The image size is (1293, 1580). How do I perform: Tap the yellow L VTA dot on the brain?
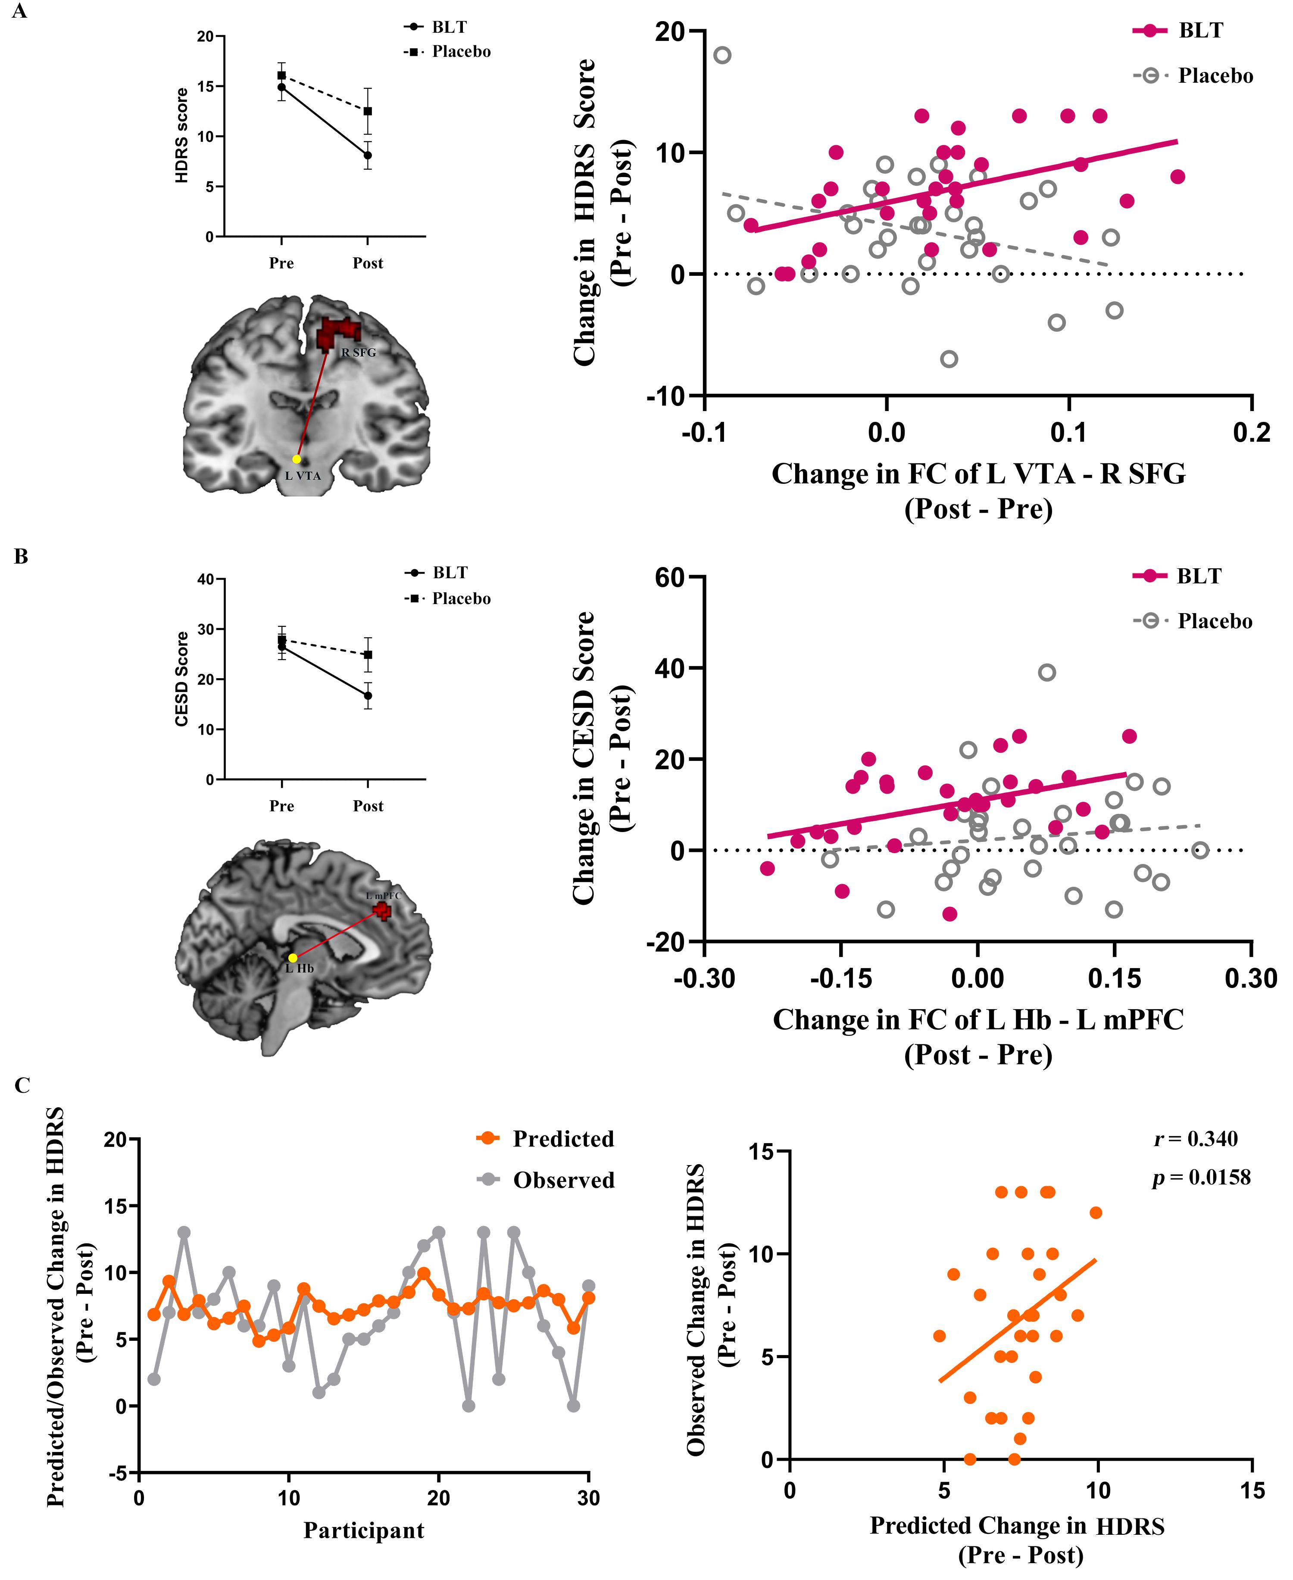297,459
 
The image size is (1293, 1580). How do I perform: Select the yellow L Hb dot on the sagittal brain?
293,957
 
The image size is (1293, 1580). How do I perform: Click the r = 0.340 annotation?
1196,1159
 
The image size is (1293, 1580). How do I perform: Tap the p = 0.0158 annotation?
1201,1198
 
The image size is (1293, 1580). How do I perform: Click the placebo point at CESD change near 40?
1046,672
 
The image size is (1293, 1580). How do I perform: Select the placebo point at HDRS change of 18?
722,55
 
